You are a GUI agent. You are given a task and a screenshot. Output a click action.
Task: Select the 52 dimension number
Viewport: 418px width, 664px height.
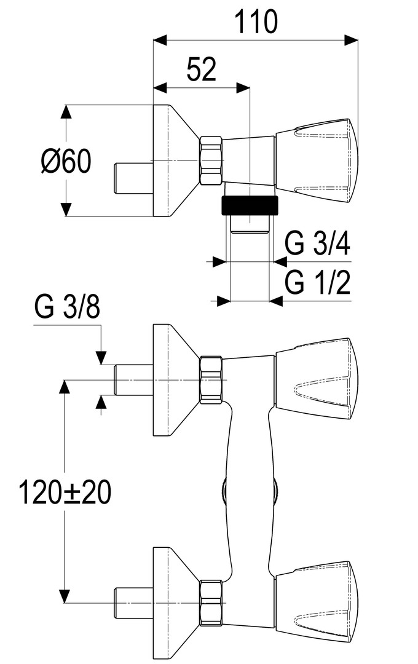coord(201,69)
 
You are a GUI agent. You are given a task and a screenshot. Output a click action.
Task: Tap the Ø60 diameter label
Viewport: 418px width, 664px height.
coord(66,161)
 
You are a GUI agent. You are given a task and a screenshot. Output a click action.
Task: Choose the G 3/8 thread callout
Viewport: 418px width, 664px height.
coord(68,307)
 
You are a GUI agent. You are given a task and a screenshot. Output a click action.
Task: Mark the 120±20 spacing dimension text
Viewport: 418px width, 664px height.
coord(65,492)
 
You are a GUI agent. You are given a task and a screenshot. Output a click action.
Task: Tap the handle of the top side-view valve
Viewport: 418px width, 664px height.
coord(317,160)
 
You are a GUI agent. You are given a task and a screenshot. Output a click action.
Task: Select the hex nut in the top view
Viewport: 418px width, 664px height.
coord(211,160)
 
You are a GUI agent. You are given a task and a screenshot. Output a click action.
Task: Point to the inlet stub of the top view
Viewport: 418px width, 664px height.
coord(134,178)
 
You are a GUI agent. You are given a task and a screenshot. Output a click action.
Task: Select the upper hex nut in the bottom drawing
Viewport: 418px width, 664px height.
coord(211,380)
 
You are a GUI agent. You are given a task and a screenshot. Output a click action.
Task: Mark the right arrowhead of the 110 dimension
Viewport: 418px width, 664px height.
coord(352,40)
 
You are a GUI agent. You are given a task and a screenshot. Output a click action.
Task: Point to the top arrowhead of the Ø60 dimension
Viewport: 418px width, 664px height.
coord(66,112)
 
